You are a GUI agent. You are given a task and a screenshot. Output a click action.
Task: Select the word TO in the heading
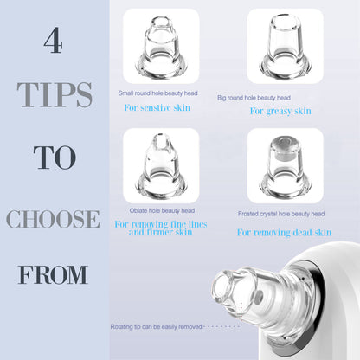54,158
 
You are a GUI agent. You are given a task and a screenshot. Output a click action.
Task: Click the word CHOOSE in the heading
54,218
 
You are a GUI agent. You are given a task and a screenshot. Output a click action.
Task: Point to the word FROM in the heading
54,275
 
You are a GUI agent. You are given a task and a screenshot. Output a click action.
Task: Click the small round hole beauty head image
161,47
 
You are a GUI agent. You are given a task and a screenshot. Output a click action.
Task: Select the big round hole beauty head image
285,47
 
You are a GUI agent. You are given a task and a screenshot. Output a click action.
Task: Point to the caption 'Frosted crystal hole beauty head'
281,213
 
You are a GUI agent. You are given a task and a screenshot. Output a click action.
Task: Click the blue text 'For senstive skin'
160,106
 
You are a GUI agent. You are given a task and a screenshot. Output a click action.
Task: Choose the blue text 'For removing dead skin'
284,232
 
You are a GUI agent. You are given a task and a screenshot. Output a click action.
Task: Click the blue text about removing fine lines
161,228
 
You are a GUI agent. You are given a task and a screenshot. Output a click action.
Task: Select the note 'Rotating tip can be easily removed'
157,326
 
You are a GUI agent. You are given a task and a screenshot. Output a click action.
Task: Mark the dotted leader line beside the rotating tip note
228,326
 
